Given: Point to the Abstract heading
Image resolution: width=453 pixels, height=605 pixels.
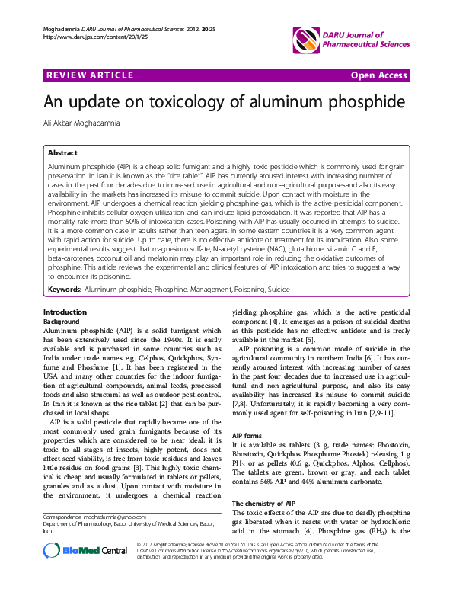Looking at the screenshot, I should point(62,152).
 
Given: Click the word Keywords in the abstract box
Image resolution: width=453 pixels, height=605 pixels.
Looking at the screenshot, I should point(65,269).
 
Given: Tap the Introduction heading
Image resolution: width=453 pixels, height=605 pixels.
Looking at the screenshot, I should point(65,292).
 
